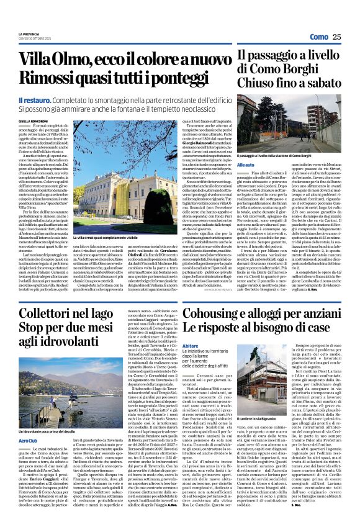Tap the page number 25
click(337, 37)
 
